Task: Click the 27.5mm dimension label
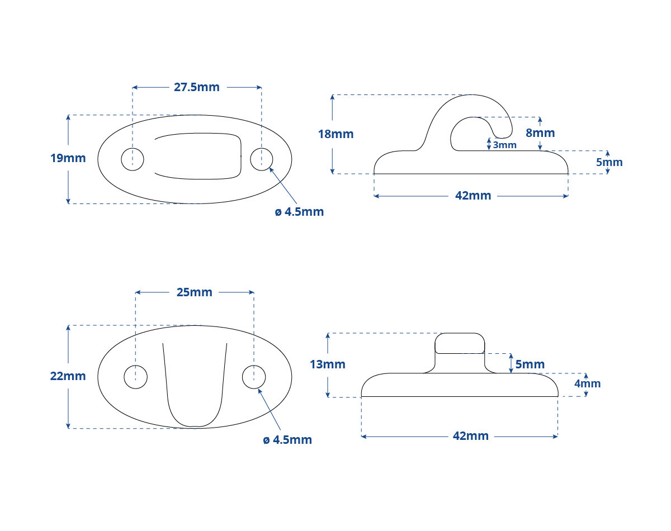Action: (196, 87)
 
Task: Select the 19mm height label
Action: (68, 158)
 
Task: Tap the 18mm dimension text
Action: (335, 134)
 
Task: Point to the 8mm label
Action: (540, 133)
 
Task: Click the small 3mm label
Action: (504, 145)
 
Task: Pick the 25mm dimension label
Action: (194, 292)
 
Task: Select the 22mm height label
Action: (68, 376)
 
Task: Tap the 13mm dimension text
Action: (328, 364)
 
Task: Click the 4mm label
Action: (588, 383)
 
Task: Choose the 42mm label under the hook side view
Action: (473, 196)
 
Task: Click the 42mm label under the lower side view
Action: (470, 436)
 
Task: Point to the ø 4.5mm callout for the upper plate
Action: (299, 212)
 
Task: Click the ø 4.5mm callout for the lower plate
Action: (287, 440)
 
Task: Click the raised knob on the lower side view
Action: (460, 343)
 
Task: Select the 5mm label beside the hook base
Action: (609, 162)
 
